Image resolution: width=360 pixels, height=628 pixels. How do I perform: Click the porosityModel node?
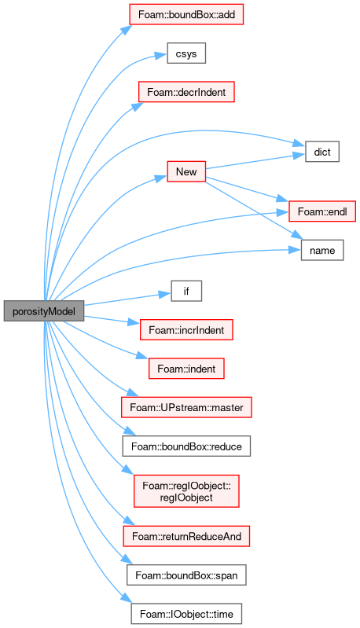[44, 311]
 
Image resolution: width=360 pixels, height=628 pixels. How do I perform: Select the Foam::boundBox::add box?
[186, 14]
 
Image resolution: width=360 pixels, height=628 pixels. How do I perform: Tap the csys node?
[186, 53]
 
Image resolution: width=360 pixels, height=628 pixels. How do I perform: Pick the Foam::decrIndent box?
[186, 92]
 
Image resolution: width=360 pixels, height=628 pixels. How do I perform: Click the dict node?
[322, 152]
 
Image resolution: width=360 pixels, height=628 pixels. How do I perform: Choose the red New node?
[186, 172]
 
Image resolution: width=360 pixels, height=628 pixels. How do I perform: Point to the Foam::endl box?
[322, 211]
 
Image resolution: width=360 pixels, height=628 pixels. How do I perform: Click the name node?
[322, 250]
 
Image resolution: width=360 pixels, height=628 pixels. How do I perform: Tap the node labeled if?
[186, 291]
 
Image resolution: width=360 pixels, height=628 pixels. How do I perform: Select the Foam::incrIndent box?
[186, 330]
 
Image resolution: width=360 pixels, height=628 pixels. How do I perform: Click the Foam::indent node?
[186, 369]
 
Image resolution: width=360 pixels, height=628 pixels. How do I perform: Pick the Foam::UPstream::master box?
[186, 407]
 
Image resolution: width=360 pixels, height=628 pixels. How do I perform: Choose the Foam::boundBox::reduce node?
[186, 446]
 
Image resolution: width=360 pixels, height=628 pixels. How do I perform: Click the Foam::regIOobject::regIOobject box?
[186, 491]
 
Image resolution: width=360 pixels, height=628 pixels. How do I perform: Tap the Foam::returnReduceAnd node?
[186, 536]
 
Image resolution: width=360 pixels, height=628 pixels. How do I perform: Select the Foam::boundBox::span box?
[186, 575]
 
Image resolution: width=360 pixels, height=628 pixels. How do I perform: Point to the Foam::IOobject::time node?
[186, 614]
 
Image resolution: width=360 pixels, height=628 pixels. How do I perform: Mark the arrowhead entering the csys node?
[162, 55]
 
